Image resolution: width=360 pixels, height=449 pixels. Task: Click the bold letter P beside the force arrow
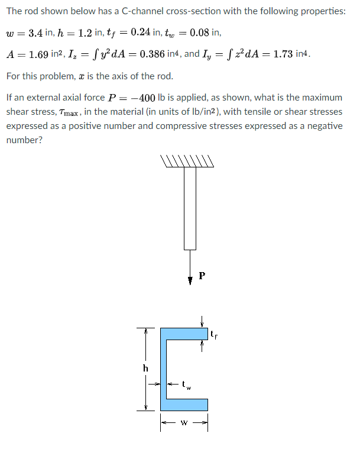pos(203,275)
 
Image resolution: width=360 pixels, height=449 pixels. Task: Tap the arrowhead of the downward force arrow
pos(190,280)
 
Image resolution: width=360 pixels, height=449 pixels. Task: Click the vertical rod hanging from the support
pos(190,207)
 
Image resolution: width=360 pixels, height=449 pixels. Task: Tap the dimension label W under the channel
pos(184,423)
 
